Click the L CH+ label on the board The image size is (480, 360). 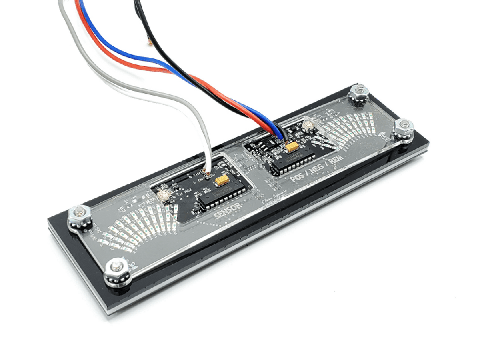[200, 181]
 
